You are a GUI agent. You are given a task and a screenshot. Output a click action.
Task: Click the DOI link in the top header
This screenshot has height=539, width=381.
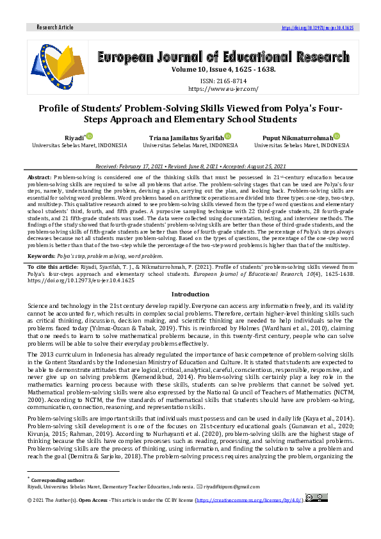pos(318,28)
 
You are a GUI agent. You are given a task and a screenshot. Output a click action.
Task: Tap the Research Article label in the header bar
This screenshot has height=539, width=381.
pos(56,28)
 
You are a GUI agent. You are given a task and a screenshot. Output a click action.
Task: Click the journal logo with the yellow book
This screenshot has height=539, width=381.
pos(58,66)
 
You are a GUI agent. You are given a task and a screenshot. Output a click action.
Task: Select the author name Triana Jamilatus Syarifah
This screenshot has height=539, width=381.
pos(186,138)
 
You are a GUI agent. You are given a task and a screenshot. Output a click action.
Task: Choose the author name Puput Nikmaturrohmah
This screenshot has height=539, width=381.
pos(298,138)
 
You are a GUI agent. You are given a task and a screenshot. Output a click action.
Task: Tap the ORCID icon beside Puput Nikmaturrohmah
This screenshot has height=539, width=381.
pos(336,136)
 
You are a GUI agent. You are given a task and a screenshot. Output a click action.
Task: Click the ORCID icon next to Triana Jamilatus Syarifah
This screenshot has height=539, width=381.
pos(227,136)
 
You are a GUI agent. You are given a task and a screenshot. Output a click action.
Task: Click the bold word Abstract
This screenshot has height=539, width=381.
pos(40,176)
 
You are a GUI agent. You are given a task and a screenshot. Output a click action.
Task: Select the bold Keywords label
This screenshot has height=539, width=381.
pos(41,254)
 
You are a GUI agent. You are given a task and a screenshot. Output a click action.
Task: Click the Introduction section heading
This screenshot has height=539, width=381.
pos(190,294)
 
